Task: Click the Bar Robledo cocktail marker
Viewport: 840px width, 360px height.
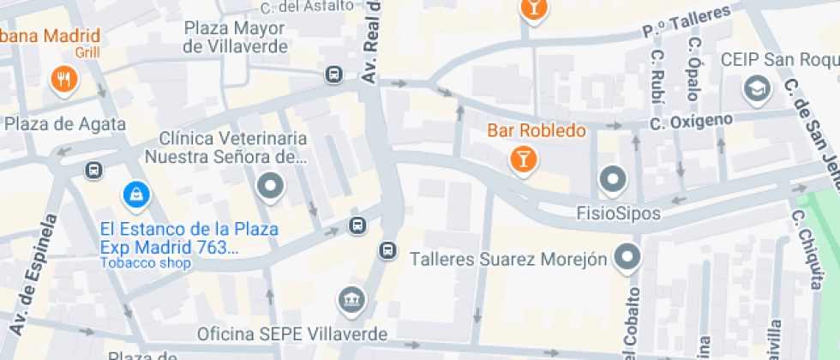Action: pos(521,159)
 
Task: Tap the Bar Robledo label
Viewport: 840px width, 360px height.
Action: pos(537,131)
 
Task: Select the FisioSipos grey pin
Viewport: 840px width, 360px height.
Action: pos(613,181)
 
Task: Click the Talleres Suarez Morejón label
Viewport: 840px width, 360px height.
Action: pos(509,258)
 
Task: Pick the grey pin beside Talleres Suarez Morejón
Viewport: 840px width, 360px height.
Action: pos(629,256)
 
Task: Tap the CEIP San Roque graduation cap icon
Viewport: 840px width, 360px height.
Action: pos(757,87)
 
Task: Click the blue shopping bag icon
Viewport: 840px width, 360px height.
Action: pos(135,195)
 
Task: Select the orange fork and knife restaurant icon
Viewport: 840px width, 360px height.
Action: pos(64,80)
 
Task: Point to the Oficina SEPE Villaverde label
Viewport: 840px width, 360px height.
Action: pos(292,333)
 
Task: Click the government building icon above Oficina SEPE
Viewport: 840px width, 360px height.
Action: pos(352,300)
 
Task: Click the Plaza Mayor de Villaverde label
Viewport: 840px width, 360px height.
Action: pos(236,38)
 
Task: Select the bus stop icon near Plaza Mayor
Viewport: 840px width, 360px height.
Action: pos(333,75)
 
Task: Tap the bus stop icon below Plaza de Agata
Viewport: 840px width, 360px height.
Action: pos(93,171)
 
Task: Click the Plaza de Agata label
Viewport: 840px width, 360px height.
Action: pos(65,124)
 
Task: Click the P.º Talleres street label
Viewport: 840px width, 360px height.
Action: pos(686,21)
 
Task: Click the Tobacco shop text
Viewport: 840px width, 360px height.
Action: pos(146,263)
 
